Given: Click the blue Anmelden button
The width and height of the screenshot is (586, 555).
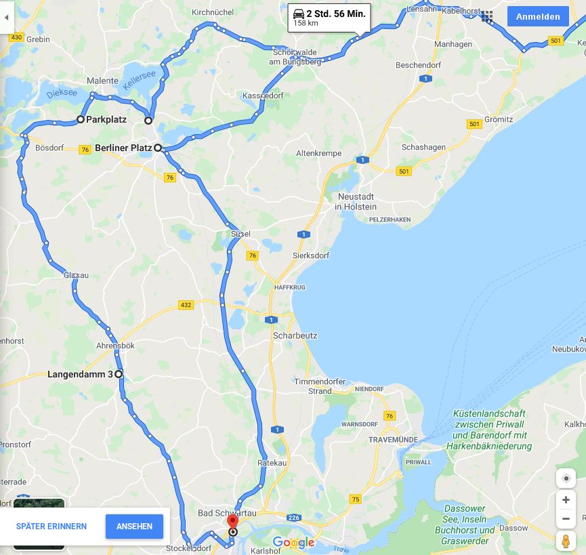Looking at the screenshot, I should pos(538,17).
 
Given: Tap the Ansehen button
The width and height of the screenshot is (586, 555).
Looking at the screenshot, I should pos(134,527).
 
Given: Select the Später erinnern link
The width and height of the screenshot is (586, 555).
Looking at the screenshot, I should pos(51,527).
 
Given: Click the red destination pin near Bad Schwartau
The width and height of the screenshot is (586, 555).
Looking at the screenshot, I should pos(232,522).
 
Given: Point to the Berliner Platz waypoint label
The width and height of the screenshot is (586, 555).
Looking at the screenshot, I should pos(123,148).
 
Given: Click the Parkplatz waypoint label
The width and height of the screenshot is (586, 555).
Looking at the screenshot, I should pos(106,119).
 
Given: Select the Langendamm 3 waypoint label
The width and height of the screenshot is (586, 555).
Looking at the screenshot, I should pos(80,374).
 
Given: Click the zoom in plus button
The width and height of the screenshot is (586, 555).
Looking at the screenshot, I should pos(566,500).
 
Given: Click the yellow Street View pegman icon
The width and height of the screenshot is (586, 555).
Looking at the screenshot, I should pos(566,541).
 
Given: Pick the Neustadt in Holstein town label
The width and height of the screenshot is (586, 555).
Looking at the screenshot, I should pos(356,201).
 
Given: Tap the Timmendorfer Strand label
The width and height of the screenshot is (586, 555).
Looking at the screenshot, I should pos(320,386).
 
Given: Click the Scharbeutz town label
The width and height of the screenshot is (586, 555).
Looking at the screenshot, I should pos(295,335).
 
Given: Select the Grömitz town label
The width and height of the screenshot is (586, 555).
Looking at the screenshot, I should pos(499,119).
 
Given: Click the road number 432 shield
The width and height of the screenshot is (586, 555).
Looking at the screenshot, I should pos(186,305).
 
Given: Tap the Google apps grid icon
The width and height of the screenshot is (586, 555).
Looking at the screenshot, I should pos(487,17).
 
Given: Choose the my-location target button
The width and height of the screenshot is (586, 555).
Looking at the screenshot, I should pos(566,478).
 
